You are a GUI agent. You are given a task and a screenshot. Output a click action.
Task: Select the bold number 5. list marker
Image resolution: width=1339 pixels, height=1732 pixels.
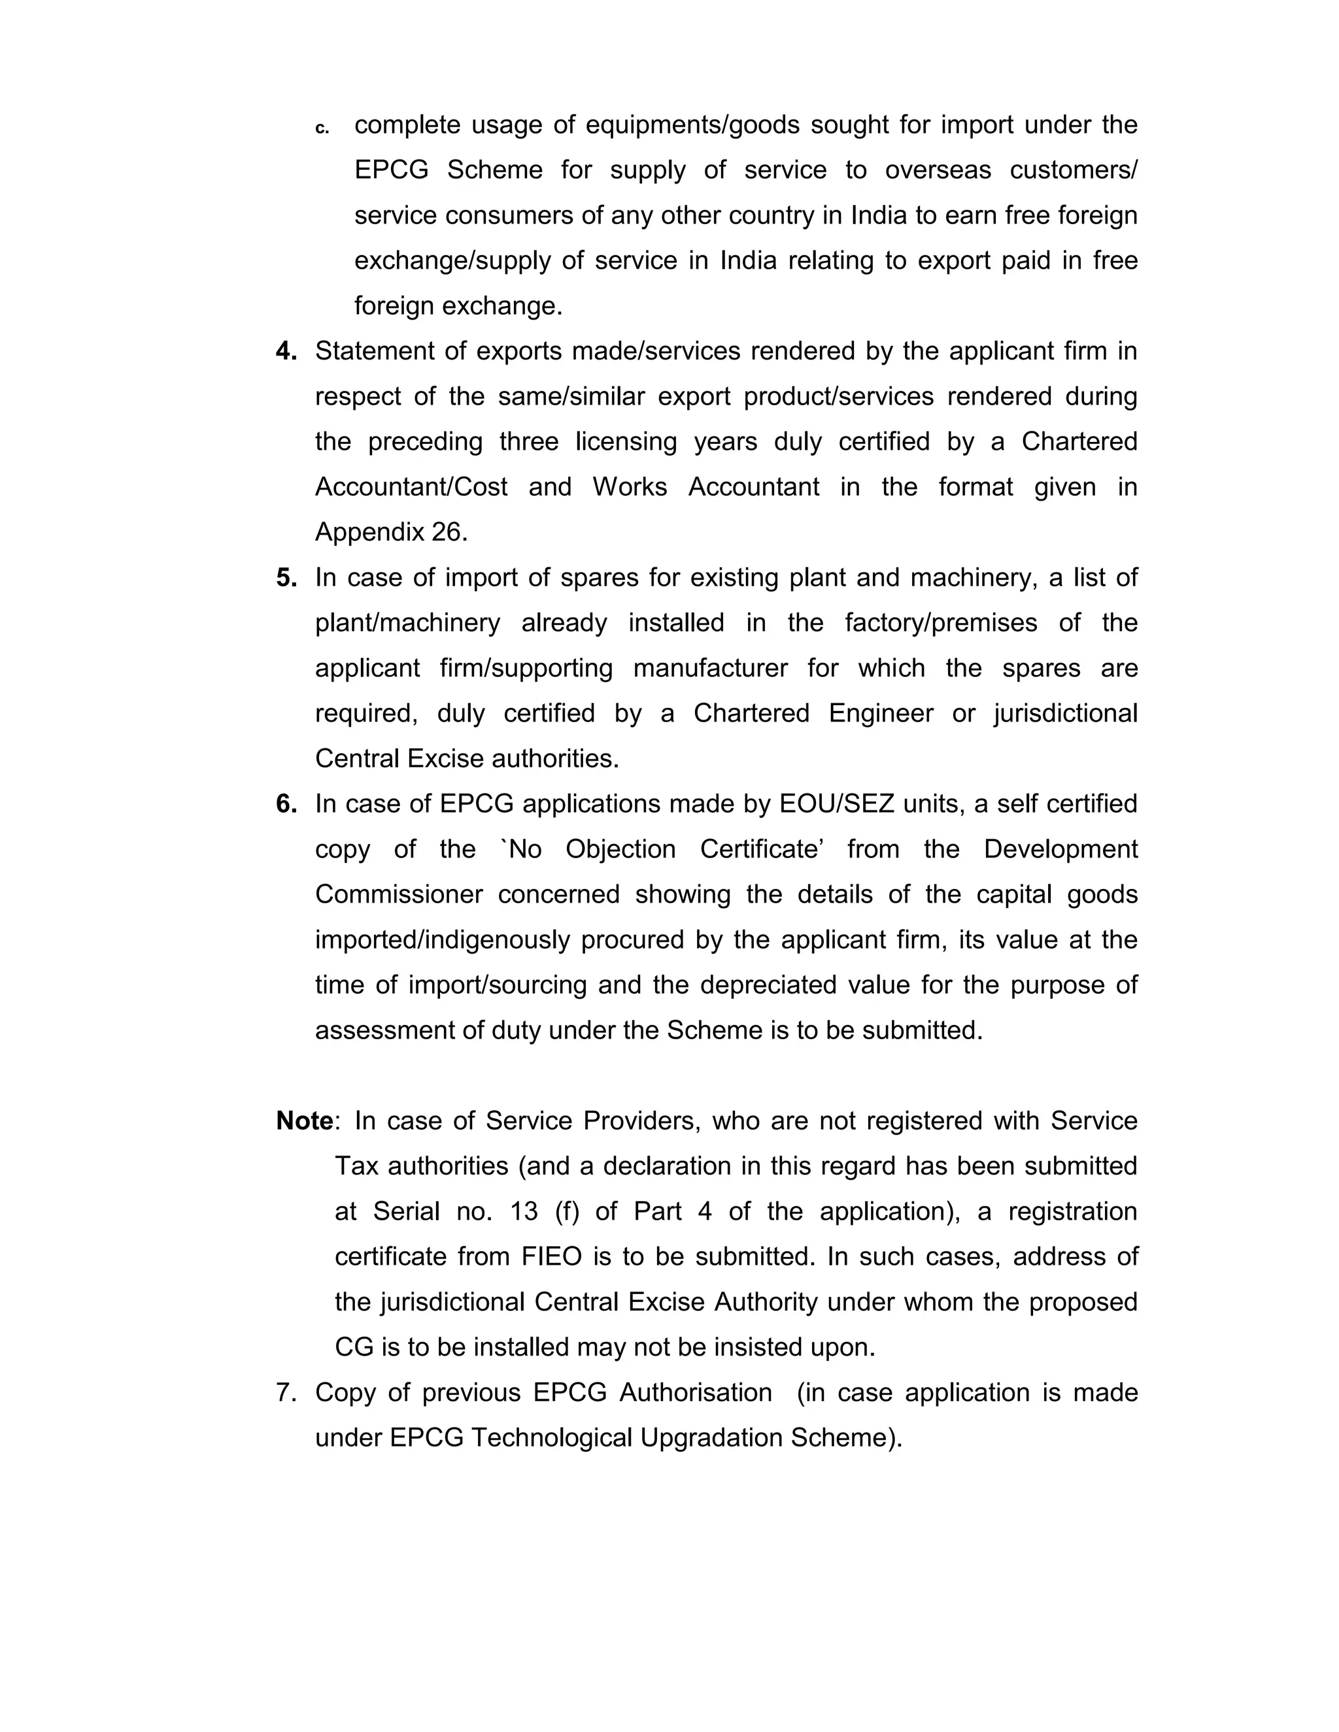[286, 577]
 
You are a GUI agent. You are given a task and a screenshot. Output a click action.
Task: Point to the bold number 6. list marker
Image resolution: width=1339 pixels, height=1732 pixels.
[286, 803]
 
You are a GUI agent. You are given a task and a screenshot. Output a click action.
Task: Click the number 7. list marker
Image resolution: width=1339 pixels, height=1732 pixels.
[286, 1393]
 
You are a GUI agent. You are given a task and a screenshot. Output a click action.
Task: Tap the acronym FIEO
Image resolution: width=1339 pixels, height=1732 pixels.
[551, 1257]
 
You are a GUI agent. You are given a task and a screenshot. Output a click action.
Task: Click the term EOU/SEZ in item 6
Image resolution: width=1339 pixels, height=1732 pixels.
[836, 803]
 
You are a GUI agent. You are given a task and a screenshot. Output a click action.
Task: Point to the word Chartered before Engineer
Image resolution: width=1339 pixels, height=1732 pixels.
[751, 713]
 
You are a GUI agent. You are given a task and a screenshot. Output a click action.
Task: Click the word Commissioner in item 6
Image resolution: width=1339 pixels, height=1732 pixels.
[398, 895]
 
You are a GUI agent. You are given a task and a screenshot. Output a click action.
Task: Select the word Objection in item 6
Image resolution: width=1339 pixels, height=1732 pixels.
[620, 850]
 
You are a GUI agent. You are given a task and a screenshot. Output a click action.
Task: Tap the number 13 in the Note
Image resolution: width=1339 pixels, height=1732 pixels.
[524, 1212]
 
